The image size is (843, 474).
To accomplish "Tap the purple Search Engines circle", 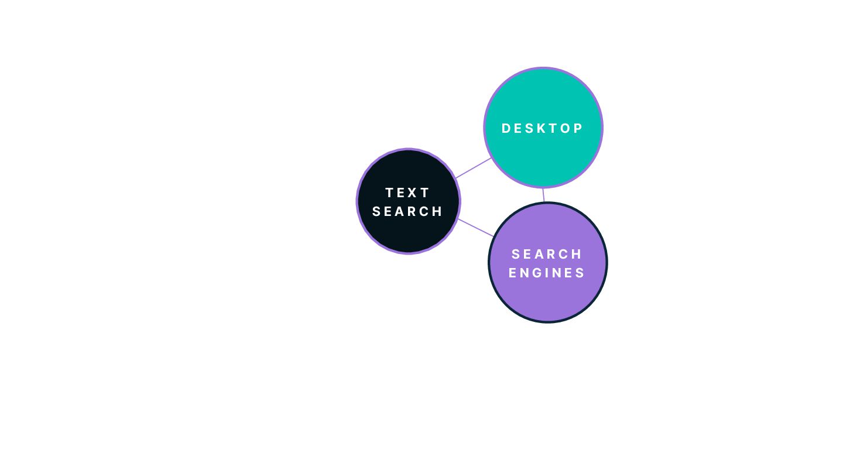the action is click(548, 298).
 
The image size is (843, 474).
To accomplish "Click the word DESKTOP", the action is click(543, 129).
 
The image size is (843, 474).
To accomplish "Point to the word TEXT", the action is click(408, 193).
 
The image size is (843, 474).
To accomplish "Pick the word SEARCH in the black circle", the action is click(408, 211).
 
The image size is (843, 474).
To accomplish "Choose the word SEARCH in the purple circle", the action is click(547, 254).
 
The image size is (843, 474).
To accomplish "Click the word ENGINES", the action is click(547, 273).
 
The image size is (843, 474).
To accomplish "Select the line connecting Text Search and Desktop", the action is click(473, 168).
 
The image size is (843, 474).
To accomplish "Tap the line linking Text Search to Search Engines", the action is click(475, 228).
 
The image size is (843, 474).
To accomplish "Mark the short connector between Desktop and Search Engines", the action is click(543, 195).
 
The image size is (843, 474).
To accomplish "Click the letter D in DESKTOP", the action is click(507, 129).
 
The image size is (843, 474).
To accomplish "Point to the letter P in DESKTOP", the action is click(578, 129).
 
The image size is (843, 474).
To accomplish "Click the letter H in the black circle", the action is click(438, 211).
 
